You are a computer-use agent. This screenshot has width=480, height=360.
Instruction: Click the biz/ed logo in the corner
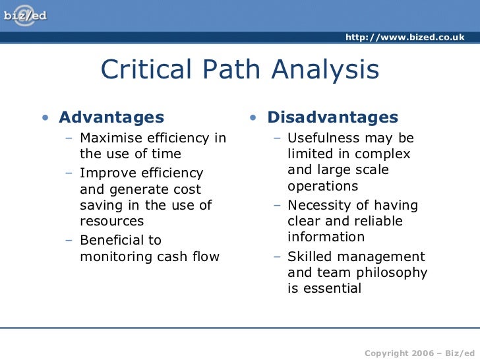click(26, 15)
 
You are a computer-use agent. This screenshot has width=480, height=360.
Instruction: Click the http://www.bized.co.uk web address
click(405, 37)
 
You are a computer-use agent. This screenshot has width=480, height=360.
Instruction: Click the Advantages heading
click(111, 118)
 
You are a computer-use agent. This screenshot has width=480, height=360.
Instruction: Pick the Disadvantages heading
click(332, 118)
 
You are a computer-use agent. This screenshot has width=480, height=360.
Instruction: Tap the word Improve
click(105, 173)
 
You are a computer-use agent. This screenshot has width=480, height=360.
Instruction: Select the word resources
click(111, 222)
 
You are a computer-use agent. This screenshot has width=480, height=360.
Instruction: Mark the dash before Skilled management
click(278, 256)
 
